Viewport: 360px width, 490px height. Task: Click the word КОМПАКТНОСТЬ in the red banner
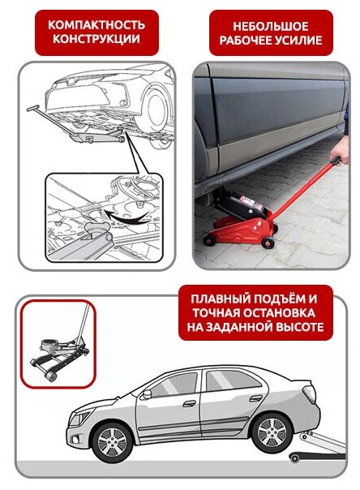click(96, 25)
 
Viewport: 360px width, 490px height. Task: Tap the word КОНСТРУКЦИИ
click(96, 39)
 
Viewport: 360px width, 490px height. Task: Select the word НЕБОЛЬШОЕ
click(271, 26)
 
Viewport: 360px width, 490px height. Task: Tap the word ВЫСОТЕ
click(300, 327)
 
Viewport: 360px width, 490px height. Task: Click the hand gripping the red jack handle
click(341, 153)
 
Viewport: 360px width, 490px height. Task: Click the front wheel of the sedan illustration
click(113, 442)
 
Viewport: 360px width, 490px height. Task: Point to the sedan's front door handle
click(189, 403)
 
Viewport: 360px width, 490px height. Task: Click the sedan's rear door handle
click(255, 398)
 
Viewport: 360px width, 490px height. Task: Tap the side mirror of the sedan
click(146, 394)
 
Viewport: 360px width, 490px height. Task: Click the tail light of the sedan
click(310, 393)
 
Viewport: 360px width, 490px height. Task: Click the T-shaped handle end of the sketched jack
click(32, 108)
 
